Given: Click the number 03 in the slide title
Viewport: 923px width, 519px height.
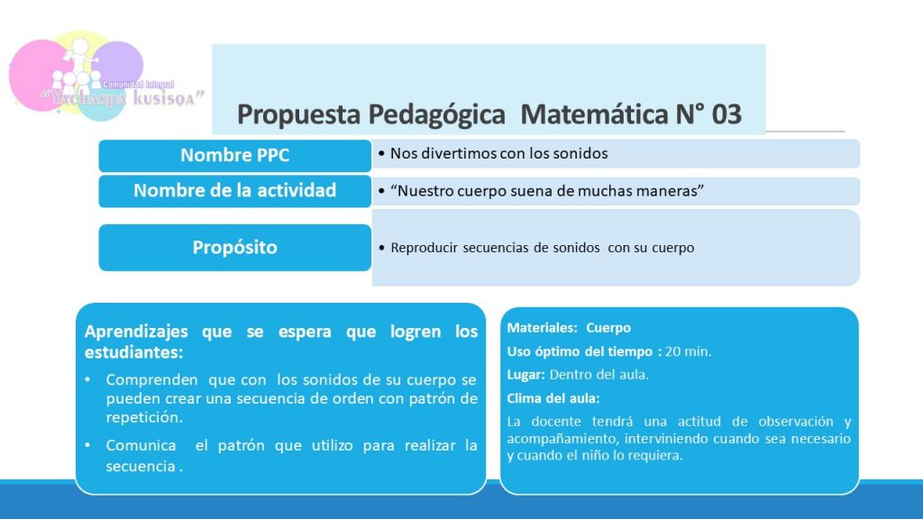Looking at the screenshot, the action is pos(727,114).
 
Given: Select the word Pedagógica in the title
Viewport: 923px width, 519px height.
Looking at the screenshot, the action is pos(437,114).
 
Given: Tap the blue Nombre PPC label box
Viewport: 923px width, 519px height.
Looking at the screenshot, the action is pos(235,155).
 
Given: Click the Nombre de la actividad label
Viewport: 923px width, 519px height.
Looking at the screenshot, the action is pos(235,191).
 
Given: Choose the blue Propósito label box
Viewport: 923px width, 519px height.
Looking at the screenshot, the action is pos(235,247).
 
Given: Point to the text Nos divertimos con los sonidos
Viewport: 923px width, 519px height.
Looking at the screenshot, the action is pos(499,153).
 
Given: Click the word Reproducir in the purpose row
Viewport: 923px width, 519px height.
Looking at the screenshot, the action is pos(424,248).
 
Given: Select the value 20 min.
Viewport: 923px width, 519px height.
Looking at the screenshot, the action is pos(688,351).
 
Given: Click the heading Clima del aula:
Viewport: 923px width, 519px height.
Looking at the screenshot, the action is pos(553,398).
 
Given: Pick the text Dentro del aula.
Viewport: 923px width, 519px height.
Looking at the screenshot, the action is pos(599,375).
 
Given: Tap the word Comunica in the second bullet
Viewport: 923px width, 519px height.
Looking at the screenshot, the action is pos(141,445).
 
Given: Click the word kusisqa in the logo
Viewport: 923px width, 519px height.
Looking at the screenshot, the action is pos(169,97).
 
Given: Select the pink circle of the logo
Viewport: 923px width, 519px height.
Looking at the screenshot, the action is pos(35,76).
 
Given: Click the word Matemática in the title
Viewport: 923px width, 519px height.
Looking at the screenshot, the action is pos(595,114).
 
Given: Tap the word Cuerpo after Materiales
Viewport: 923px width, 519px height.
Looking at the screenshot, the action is pos(608,328).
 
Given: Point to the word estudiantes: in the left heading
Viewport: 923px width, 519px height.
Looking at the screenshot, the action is pos(133,352).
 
